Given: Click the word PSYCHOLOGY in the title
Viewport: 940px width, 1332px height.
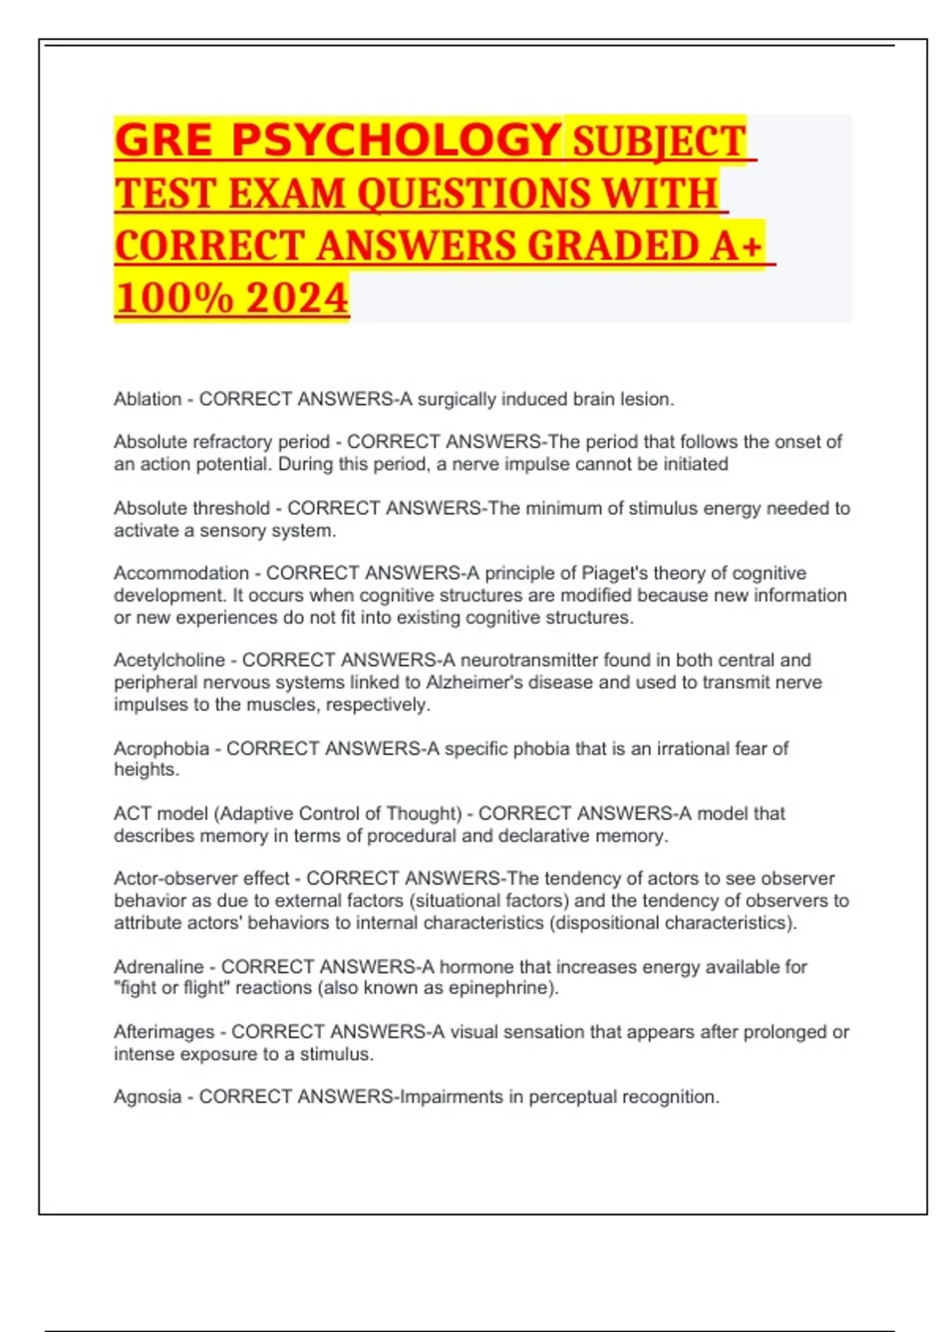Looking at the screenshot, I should click(396, 141).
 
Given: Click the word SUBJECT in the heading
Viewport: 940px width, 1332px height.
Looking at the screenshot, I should click(659, 143).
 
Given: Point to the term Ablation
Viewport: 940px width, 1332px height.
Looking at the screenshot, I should click(147, 400).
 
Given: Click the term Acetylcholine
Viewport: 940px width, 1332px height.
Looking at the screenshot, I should click(169, 661).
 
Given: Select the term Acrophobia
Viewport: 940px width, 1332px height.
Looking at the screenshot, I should click(161, 749).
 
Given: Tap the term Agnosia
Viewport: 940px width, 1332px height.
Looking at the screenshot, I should click(147, 1097).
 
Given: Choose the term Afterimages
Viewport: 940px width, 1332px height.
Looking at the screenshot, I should click(164, 1032).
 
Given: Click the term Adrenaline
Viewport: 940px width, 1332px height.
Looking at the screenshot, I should click(158, 967).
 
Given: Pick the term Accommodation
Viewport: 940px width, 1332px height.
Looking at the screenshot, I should click(181, 574).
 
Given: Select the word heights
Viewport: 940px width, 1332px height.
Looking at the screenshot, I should click(146, 769).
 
